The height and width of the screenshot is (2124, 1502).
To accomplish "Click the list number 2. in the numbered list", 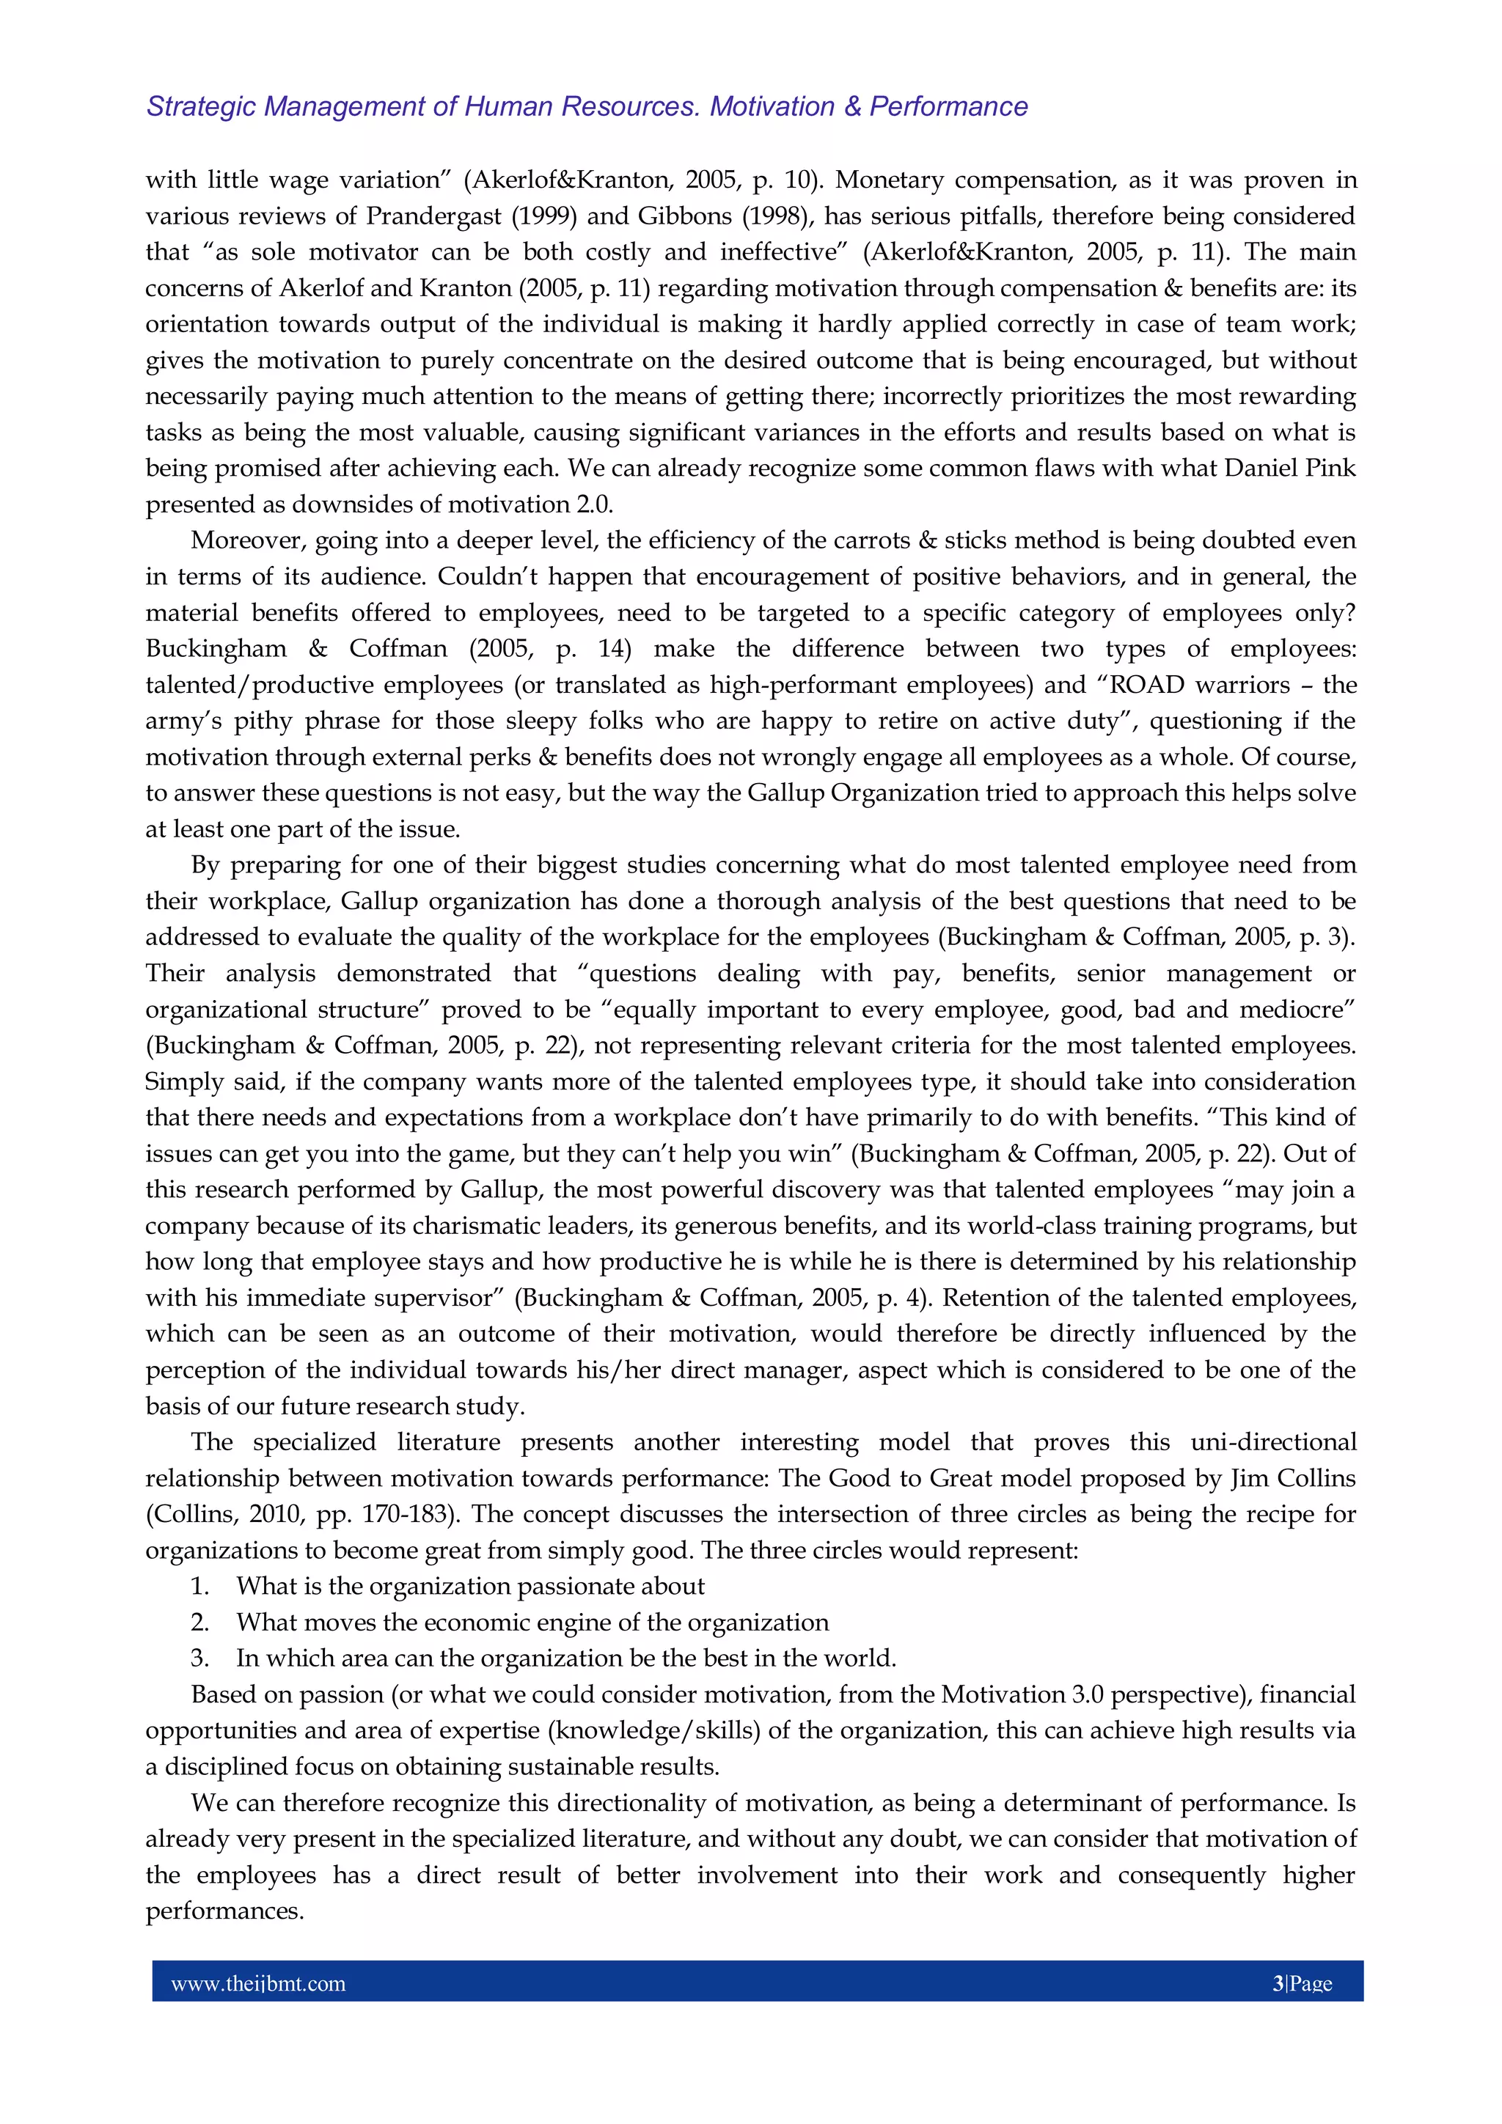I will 200,1623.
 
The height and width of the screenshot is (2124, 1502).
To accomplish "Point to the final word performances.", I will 225,1911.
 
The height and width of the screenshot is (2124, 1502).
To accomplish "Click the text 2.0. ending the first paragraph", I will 593,505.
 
